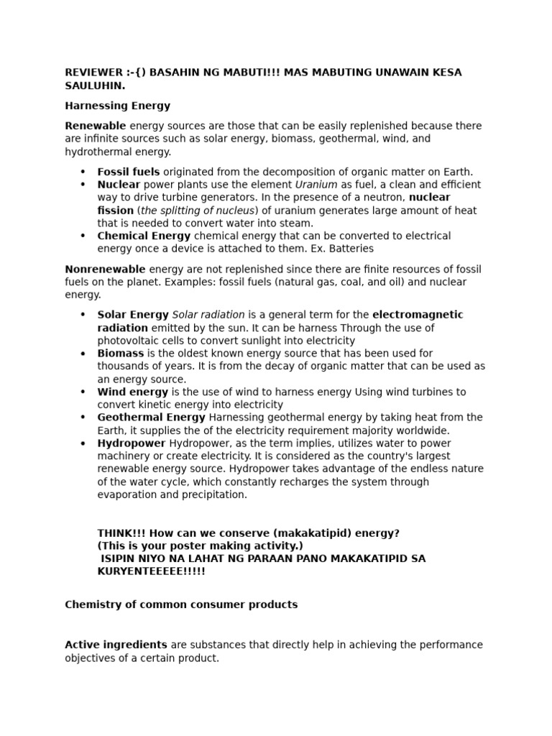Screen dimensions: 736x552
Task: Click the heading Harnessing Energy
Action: click(x=117, y=106)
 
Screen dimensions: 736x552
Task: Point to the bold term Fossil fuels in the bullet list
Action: click(x=129, y=172)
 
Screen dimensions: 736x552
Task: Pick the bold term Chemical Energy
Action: click(x=144, y=236)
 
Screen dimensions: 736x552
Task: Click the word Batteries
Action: click(x=349, y=249)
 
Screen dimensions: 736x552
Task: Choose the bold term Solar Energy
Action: click(x=133, y=315)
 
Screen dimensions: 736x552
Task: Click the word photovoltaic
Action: click(x=129, y=341)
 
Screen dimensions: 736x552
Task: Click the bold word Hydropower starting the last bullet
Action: click(x=132, y=443)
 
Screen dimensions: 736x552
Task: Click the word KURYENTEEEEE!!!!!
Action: click(x=151, y=571)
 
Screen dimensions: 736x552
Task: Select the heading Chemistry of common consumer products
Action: click(x=181, y=604)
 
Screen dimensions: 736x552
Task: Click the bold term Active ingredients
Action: click(x=116, y=645)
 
